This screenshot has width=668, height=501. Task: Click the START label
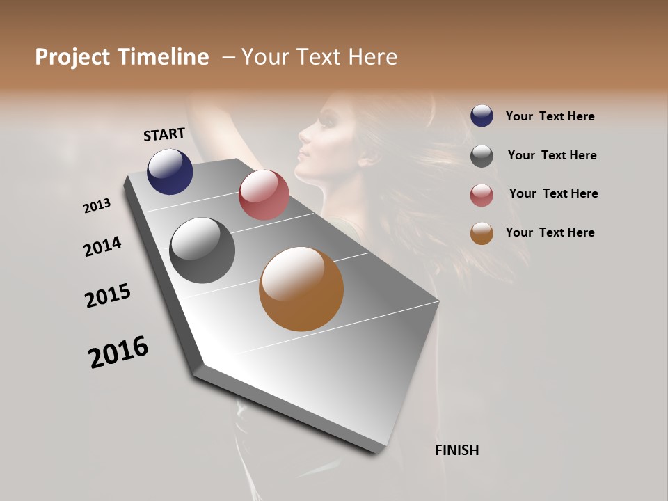tap(164, 134)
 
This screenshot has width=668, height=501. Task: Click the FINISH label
tap(456, 450)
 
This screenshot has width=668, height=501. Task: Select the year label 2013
tap(97, 206)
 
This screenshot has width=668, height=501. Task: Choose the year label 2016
tap(118, 352)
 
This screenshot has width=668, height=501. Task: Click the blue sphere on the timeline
tap(170, 171)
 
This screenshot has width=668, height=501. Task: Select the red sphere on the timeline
tap(264, 195)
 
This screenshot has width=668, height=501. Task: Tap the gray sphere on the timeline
tap(202, 250)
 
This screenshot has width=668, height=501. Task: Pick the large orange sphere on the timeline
tap(301, 289)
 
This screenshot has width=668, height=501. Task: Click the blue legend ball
tap(482, 116)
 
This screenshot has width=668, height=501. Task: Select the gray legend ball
tap(482, 155)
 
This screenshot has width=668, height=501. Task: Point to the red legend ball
tap(482, 195)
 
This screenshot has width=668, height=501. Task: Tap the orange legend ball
tap(482, 233)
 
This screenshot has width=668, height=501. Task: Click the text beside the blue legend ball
tap(550, 116)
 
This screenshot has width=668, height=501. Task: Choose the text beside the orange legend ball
tap(550, 232)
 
